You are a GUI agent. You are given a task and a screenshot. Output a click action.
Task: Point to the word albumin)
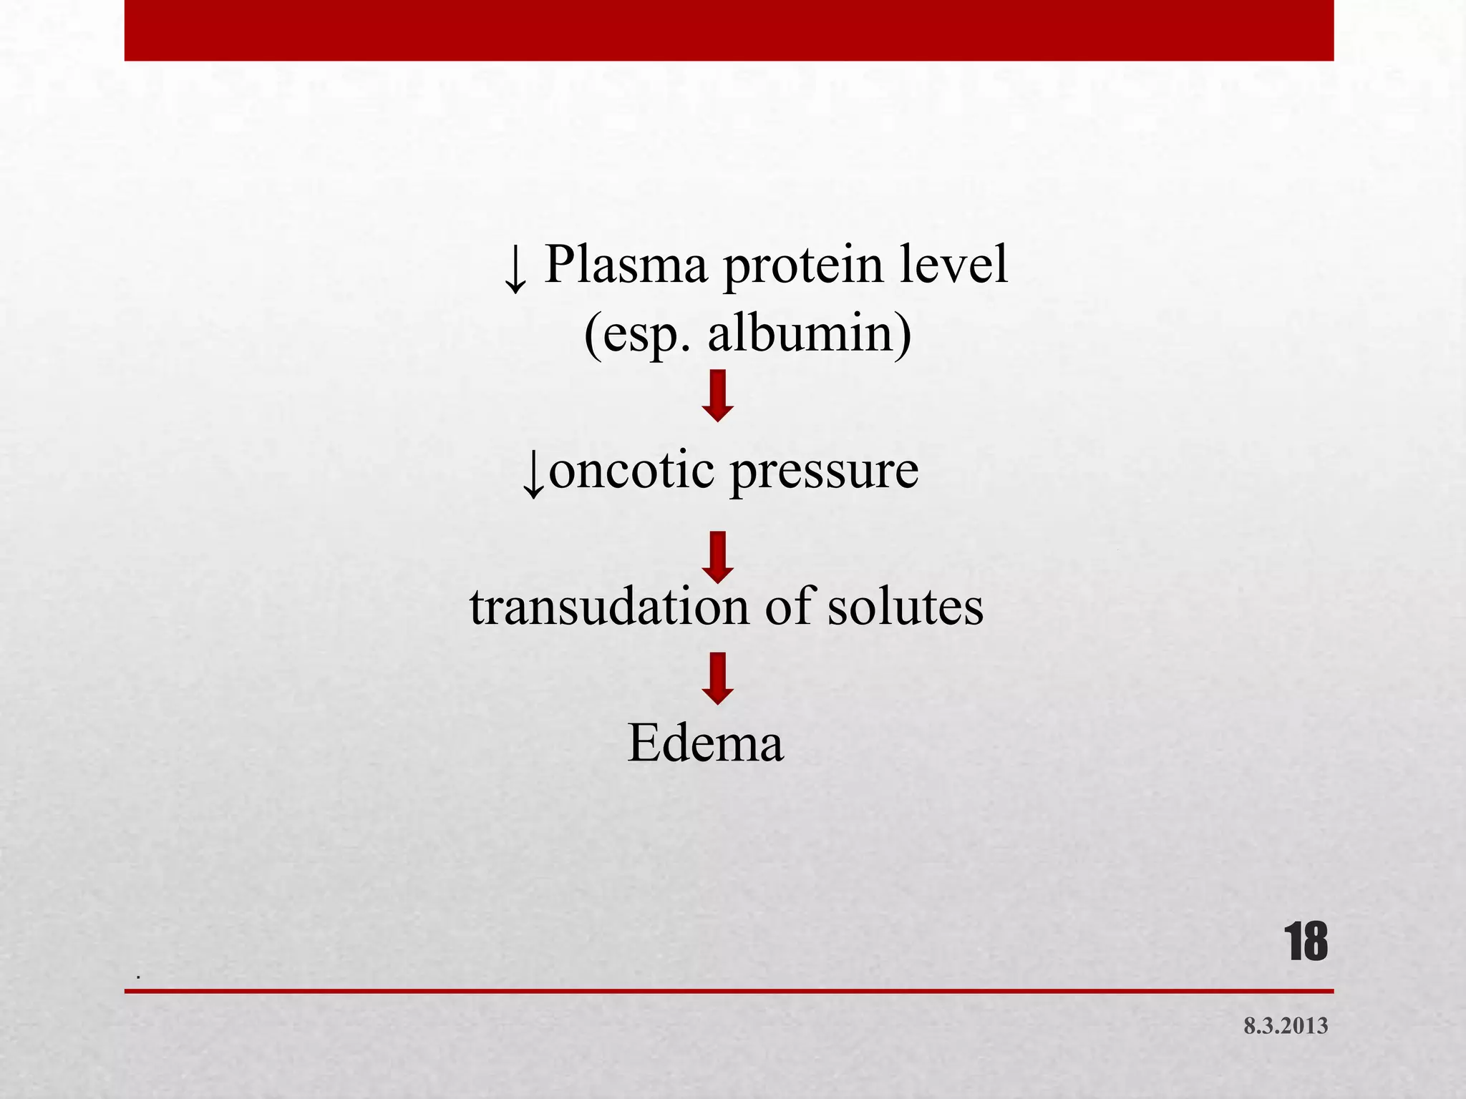[x=810, y=333]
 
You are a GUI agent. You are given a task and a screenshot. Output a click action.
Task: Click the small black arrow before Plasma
[x=515, y=270]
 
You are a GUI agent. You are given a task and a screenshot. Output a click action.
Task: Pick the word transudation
[x=609, y=607]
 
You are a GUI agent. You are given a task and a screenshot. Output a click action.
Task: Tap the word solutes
[x=906, y=607]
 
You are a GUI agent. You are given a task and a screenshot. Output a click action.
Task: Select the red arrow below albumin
[x=718, y=396]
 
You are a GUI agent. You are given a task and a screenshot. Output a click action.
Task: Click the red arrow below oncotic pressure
[x=718, y=557]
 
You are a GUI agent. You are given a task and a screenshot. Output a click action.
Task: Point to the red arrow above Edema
[x=718, y=678]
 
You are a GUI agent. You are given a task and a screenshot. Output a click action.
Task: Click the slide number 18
[x=1306, y=942]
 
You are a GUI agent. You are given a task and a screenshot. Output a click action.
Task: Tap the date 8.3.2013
[x=1286, y=1026]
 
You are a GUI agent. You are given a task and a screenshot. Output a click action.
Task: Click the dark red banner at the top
[x=729, y=30]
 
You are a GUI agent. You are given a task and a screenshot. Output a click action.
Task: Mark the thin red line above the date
[x=729, y=991]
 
